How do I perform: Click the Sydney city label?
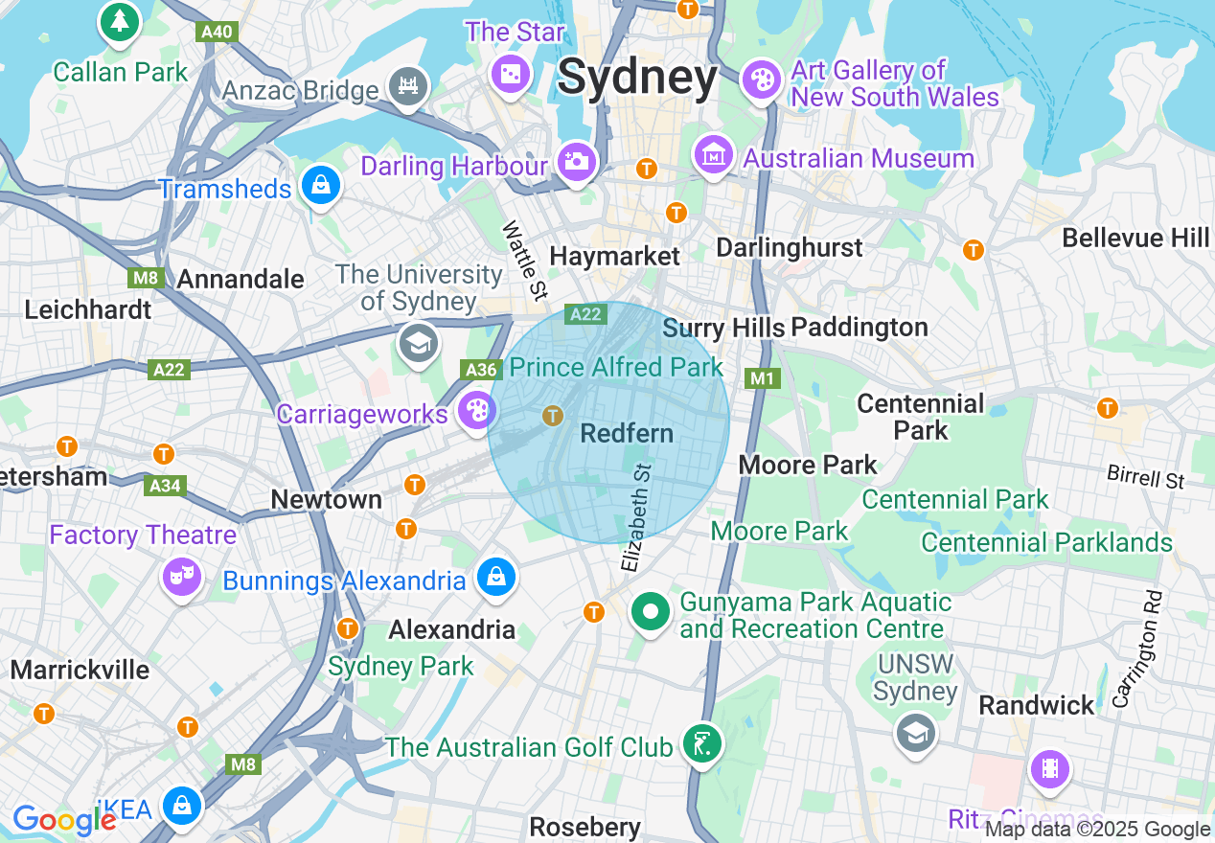tap(637, 77)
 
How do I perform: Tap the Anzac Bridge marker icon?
tap(408, 86)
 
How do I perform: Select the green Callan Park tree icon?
tap(120, 22)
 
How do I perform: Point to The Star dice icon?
tap(510, 74)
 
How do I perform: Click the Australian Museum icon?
tap(714, 155)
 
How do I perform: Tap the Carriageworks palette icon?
tap(476, 411)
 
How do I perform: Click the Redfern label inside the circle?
tap(627, 433)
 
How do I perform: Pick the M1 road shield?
tap(762, 378)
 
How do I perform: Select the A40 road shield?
tap(217, 32)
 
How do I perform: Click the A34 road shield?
tap(165, 486)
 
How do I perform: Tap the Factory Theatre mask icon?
tap(180, 576)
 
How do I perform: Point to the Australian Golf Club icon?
tap(701, 743)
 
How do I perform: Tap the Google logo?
tap(63, 820)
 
